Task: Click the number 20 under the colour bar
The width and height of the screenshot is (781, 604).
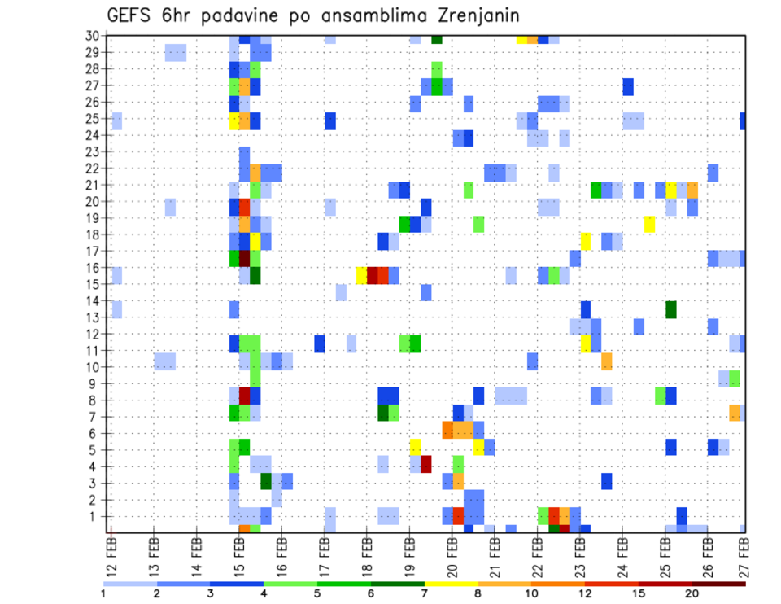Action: (692, 593)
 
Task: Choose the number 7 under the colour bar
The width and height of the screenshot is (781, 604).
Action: (425, 593)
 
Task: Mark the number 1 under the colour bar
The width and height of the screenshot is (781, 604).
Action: (103, 593)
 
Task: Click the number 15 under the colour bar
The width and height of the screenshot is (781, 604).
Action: (639, 593)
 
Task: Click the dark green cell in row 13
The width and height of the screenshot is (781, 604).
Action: (671, 309)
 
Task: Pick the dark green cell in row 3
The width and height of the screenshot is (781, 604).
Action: (266, 481)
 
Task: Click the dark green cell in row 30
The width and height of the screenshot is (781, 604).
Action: (437, 38)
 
